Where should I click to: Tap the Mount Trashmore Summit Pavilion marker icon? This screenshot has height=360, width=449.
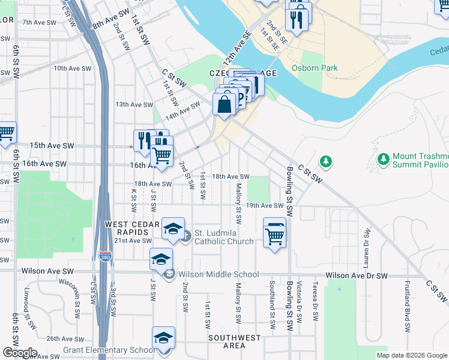383,159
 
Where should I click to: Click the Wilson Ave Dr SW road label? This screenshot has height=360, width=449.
357,276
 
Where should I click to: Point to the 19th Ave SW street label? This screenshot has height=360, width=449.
264,205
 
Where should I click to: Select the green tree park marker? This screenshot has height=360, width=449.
326,161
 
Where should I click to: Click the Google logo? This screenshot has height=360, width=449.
19,353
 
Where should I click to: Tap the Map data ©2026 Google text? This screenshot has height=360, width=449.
411,355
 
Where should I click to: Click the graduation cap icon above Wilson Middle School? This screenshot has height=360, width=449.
161,259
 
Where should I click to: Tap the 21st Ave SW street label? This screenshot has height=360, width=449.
133,241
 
